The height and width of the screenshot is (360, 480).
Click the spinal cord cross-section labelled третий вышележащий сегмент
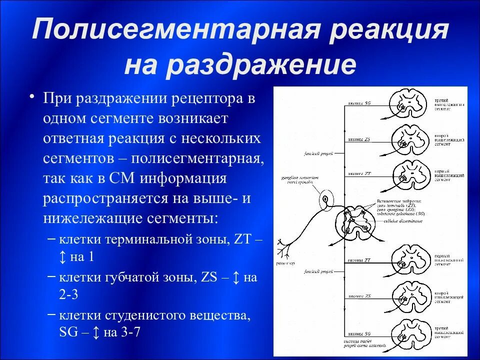[x=409, y=105]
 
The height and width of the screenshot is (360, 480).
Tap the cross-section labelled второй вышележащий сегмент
[x=409, y=139]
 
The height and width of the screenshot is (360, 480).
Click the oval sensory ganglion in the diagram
[x=325, y=200]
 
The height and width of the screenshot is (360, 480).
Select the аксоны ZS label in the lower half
[x=359, y=296]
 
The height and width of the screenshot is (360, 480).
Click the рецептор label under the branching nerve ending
[x=284, y=263]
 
